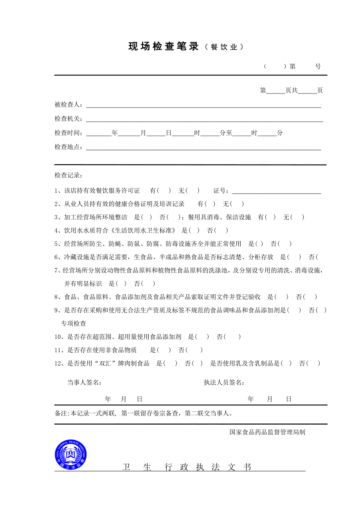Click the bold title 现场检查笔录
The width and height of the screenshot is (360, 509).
pyautogui.click(x=164, y=47)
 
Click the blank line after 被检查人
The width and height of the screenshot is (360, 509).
pyautogui.click(x=203, y=106)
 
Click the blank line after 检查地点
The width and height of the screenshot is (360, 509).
pyautogui.click(x=203, y=148)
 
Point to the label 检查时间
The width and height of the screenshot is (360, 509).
pyautogui.click(x=68, y=133)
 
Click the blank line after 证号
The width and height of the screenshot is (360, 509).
pyautogui.click(x=277, y=192)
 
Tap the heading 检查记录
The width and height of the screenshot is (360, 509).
pyautogui.click(x=68, y=176)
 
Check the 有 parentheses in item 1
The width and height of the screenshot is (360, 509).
pyautogui.click(x=164, y=191)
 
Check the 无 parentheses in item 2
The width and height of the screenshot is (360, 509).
pyautogui.click(x=237, y=204)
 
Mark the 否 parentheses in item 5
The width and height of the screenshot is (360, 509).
pyautogui.click(x=284, y=244)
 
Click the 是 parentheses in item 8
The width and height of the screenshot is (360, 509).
pyautogui.click(x=281, y=297)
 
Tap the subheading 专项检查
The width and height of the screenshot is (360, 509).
pyautogui.click(x=73, y=324)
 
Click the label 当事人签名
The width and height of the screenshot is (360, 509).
pyautogui.click(x=85, y=382)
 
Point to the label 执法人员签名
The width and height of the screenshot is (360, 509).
pyautogui.click(x=224, y=382)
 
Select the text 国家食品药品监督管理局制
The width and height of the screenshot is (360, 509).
pyautogui.click(x=267, y=432)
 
